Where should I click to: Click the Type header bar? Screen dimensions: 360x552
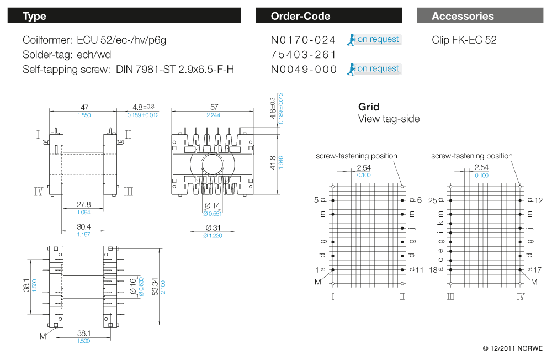pos(124,15)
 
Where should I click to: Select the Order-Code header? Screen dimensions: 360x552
pos(328,15)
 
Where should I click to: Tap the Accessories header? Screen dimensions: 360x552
pos(479,15)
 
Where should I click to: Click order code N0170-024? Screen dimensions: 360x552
pos(304,40)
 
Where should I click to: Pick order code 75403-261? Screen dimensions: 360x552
pos(304,54)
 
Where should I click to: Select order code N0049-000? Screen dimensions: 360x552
pos(304,69)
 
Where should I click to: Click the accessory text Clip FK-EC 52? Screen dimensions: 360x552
pos(464,40)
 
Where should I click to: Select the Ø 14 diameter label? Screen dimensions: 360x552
pos(213,206)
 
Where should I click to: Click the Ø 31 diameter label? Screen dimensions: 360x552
pos(213,227)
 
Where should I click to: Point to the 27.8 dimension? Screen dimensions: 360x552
pos(84,205)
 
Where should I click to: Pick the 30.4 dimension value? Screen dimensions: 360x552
pos(84,227)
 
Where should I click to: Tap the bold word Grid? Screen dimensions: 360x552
pos(369,107)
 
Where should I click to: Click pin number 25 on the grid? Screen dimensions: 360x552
pos(433,200)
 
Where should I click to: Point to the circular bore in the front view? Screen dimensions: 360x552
pos(213,165)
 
